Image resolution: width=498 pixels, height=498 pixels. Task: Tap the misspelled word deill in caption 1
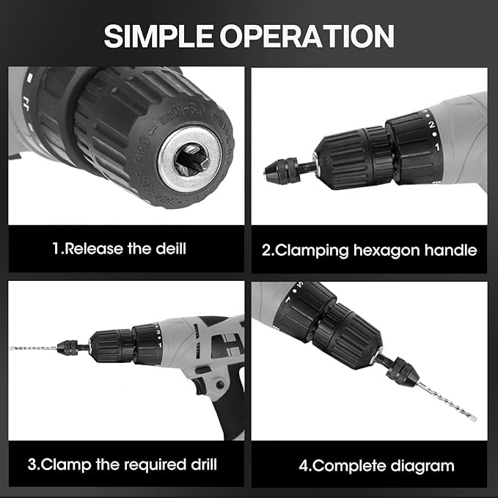(167, 249)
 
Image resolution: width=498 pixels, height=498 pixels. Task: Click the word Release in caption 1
(98, 249)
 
